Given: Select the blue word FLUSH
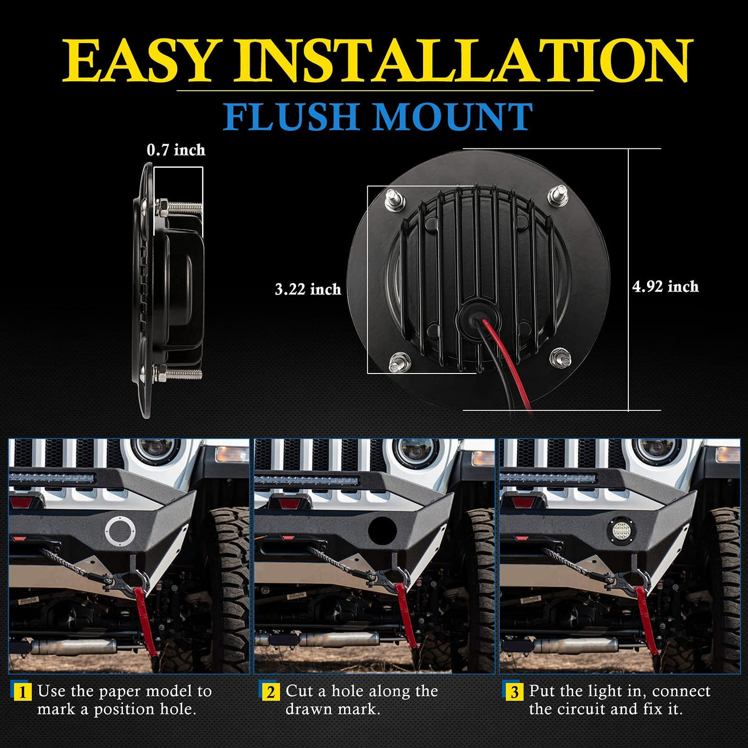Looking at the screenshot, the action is (291, 116).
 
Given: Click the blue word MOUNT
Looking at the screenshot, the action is (453, 116).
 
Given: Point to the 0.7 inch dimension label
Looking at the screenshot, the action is (176, 150).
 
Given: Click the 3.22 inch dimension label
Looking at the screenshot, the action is (308, 289).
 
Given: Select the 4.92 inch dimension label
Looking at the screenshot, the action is (665, 286).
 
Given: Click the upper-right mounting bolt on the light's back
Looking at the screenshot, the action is (558, 196).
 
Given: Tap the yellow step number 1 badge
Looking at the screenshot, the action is (22, 692).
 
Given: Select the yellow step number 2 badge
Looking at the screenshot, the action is (270, 692).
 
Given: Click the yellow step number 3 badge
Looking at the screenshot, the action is (515, 692).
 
